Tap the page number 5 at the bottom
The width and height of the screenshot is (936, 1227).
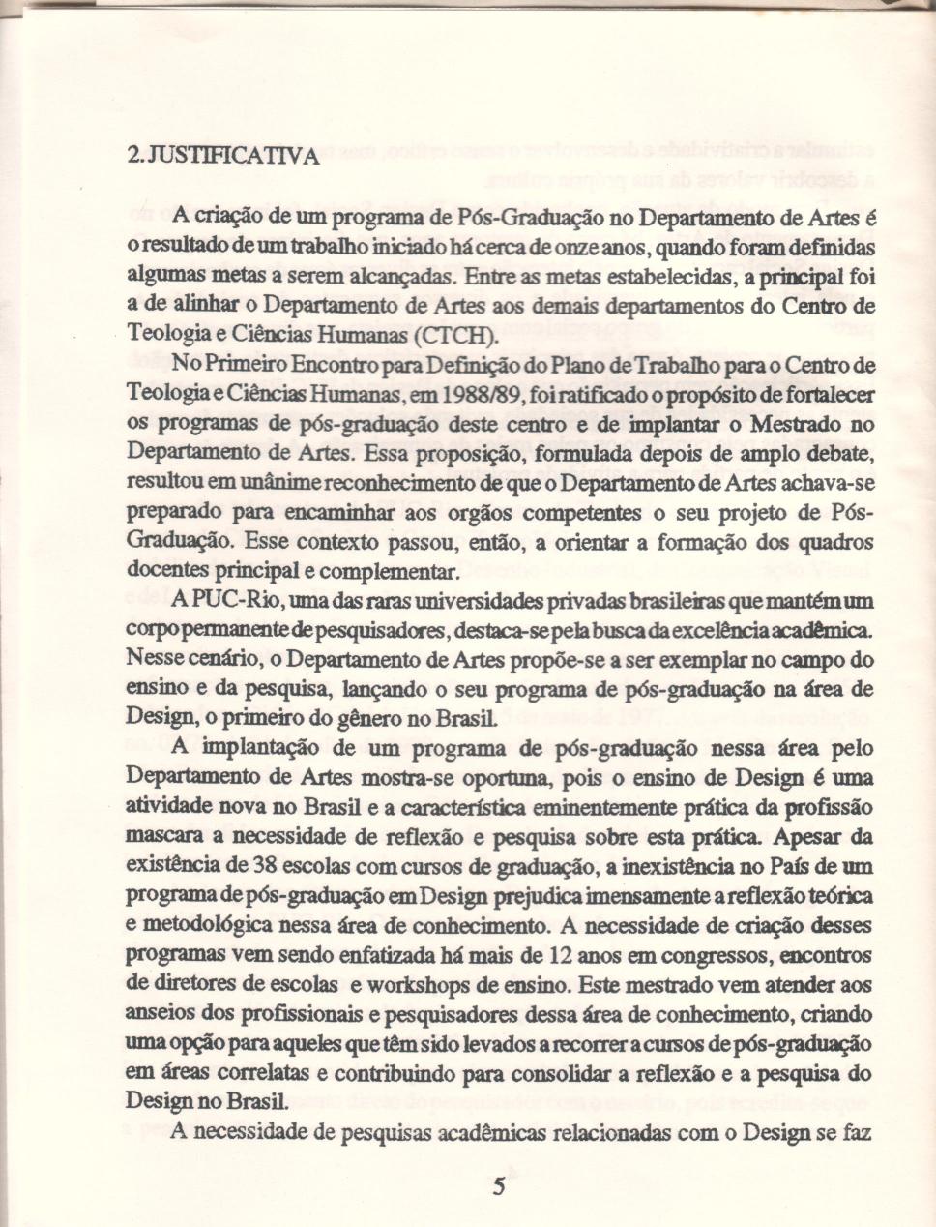(x=499, y=1187)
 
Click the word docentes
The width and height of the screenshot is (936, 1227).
(x=161, y=571)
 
